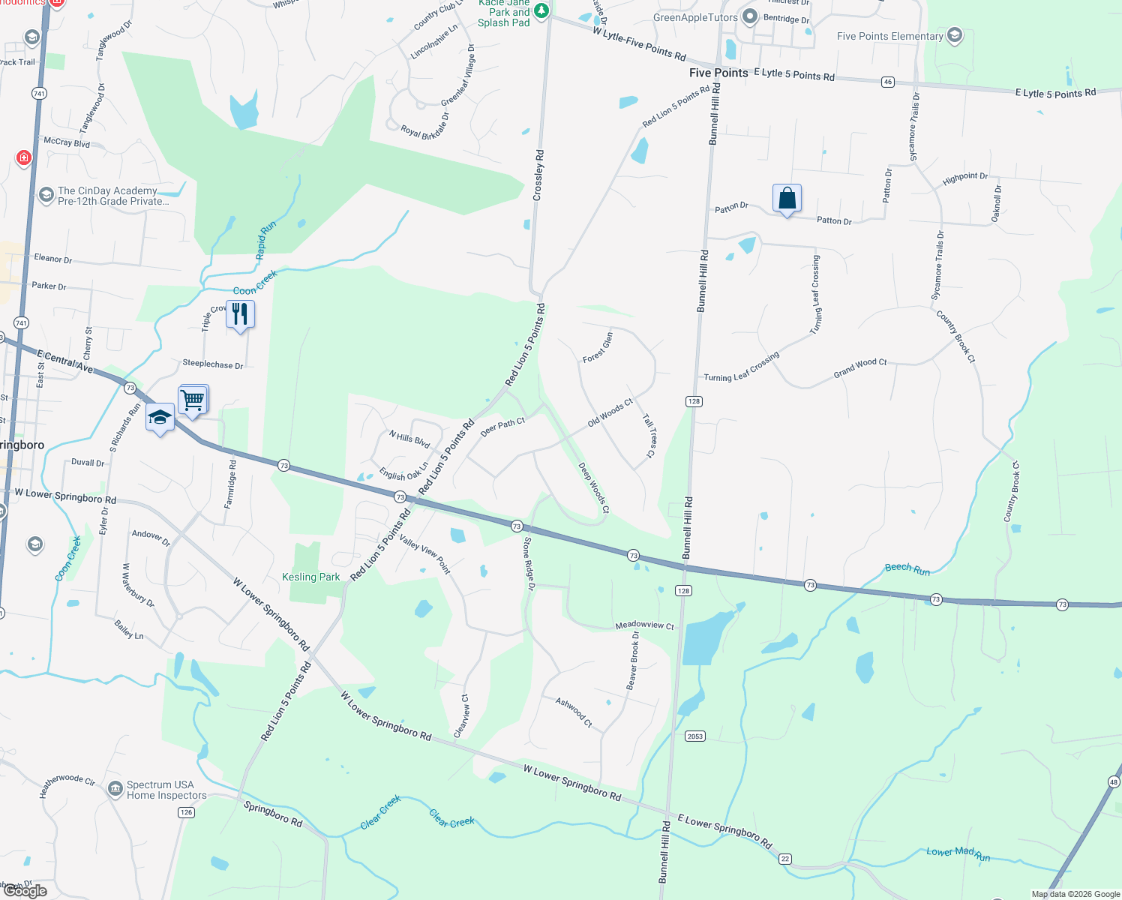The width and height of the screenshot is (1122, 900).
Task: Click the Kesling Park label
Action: click(x=310, y=577)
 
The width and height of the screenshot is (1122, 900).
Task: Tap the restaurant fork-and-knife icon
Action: click(x=240, y=313)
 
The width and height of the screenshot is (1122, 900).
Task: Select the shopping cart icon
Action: click(x=193, y=400)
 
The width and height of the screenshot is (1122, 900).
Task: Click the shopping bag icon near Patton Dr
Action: click(x=787, y=199)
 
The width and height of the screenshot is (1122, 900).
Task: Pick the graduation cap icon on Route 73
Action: click(x=160, y=418)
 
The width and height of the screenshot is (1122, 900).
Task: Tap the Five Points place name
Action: click(x=718, y=73)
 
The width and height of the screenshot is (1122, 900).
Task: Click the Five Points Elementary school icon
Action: click(x=955, y=35)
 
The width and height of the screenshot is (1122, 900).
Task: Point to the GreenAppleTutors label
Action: click(x=695, y=17)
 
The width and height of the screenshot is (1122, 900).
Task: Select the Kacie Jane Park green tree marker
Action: click(x=541, y=11)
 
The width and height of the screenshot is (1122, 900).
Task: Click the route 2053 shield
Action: click(x=695, y=736)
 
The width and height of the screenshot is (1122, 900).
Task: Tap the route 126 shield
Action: click(x=186, y=812)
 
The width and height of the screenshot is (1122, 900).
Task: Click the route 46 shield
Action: click(x=888, y=82)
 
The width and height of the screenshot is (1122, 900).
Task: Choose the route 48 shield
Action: click(x=1114, y=782)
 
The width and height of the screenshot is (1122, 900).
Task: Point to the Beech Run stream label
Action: click(x=907, y=569)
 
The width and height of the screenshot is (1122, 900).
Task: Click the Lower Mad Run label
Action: click(x=958, y=853)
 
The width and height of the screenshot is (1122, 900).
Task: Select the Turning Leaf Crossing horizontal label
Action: click(x=741, y=367)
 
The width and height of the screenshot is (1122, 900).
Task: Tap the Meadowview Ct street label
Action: click(x=644, y=625)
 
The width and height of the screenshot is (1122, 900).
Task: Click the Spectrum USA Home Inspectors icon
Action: click(x=115, y=788)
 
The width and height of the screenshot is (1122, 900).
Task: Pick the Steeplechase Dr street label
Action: click(x=212, y=364)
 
